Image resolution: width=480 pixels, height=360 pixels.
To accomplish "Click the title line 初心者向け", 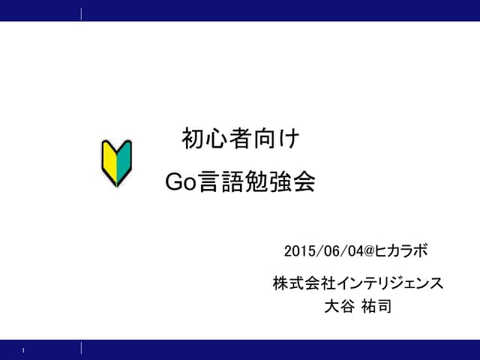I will [x=240, y=139].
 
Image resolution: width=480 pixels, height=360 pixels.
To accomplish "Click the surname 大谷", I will [x=334, y=306].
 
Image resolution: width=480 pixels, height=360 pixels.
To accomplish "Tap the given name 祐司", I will [x=376, y=306].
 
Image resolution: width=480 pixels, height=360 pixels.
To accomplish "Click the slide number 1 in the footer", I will [x=24, y=350].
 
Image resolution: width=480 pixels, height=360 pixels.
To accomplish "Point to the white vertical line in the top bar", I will [x=81, y=13].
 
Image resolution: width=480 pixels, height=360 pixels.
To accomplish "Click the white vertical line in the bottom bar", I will [x=81, y=347].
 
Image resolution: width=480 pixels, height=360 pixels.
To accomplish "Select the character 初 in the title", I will [x=193, y=139].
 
